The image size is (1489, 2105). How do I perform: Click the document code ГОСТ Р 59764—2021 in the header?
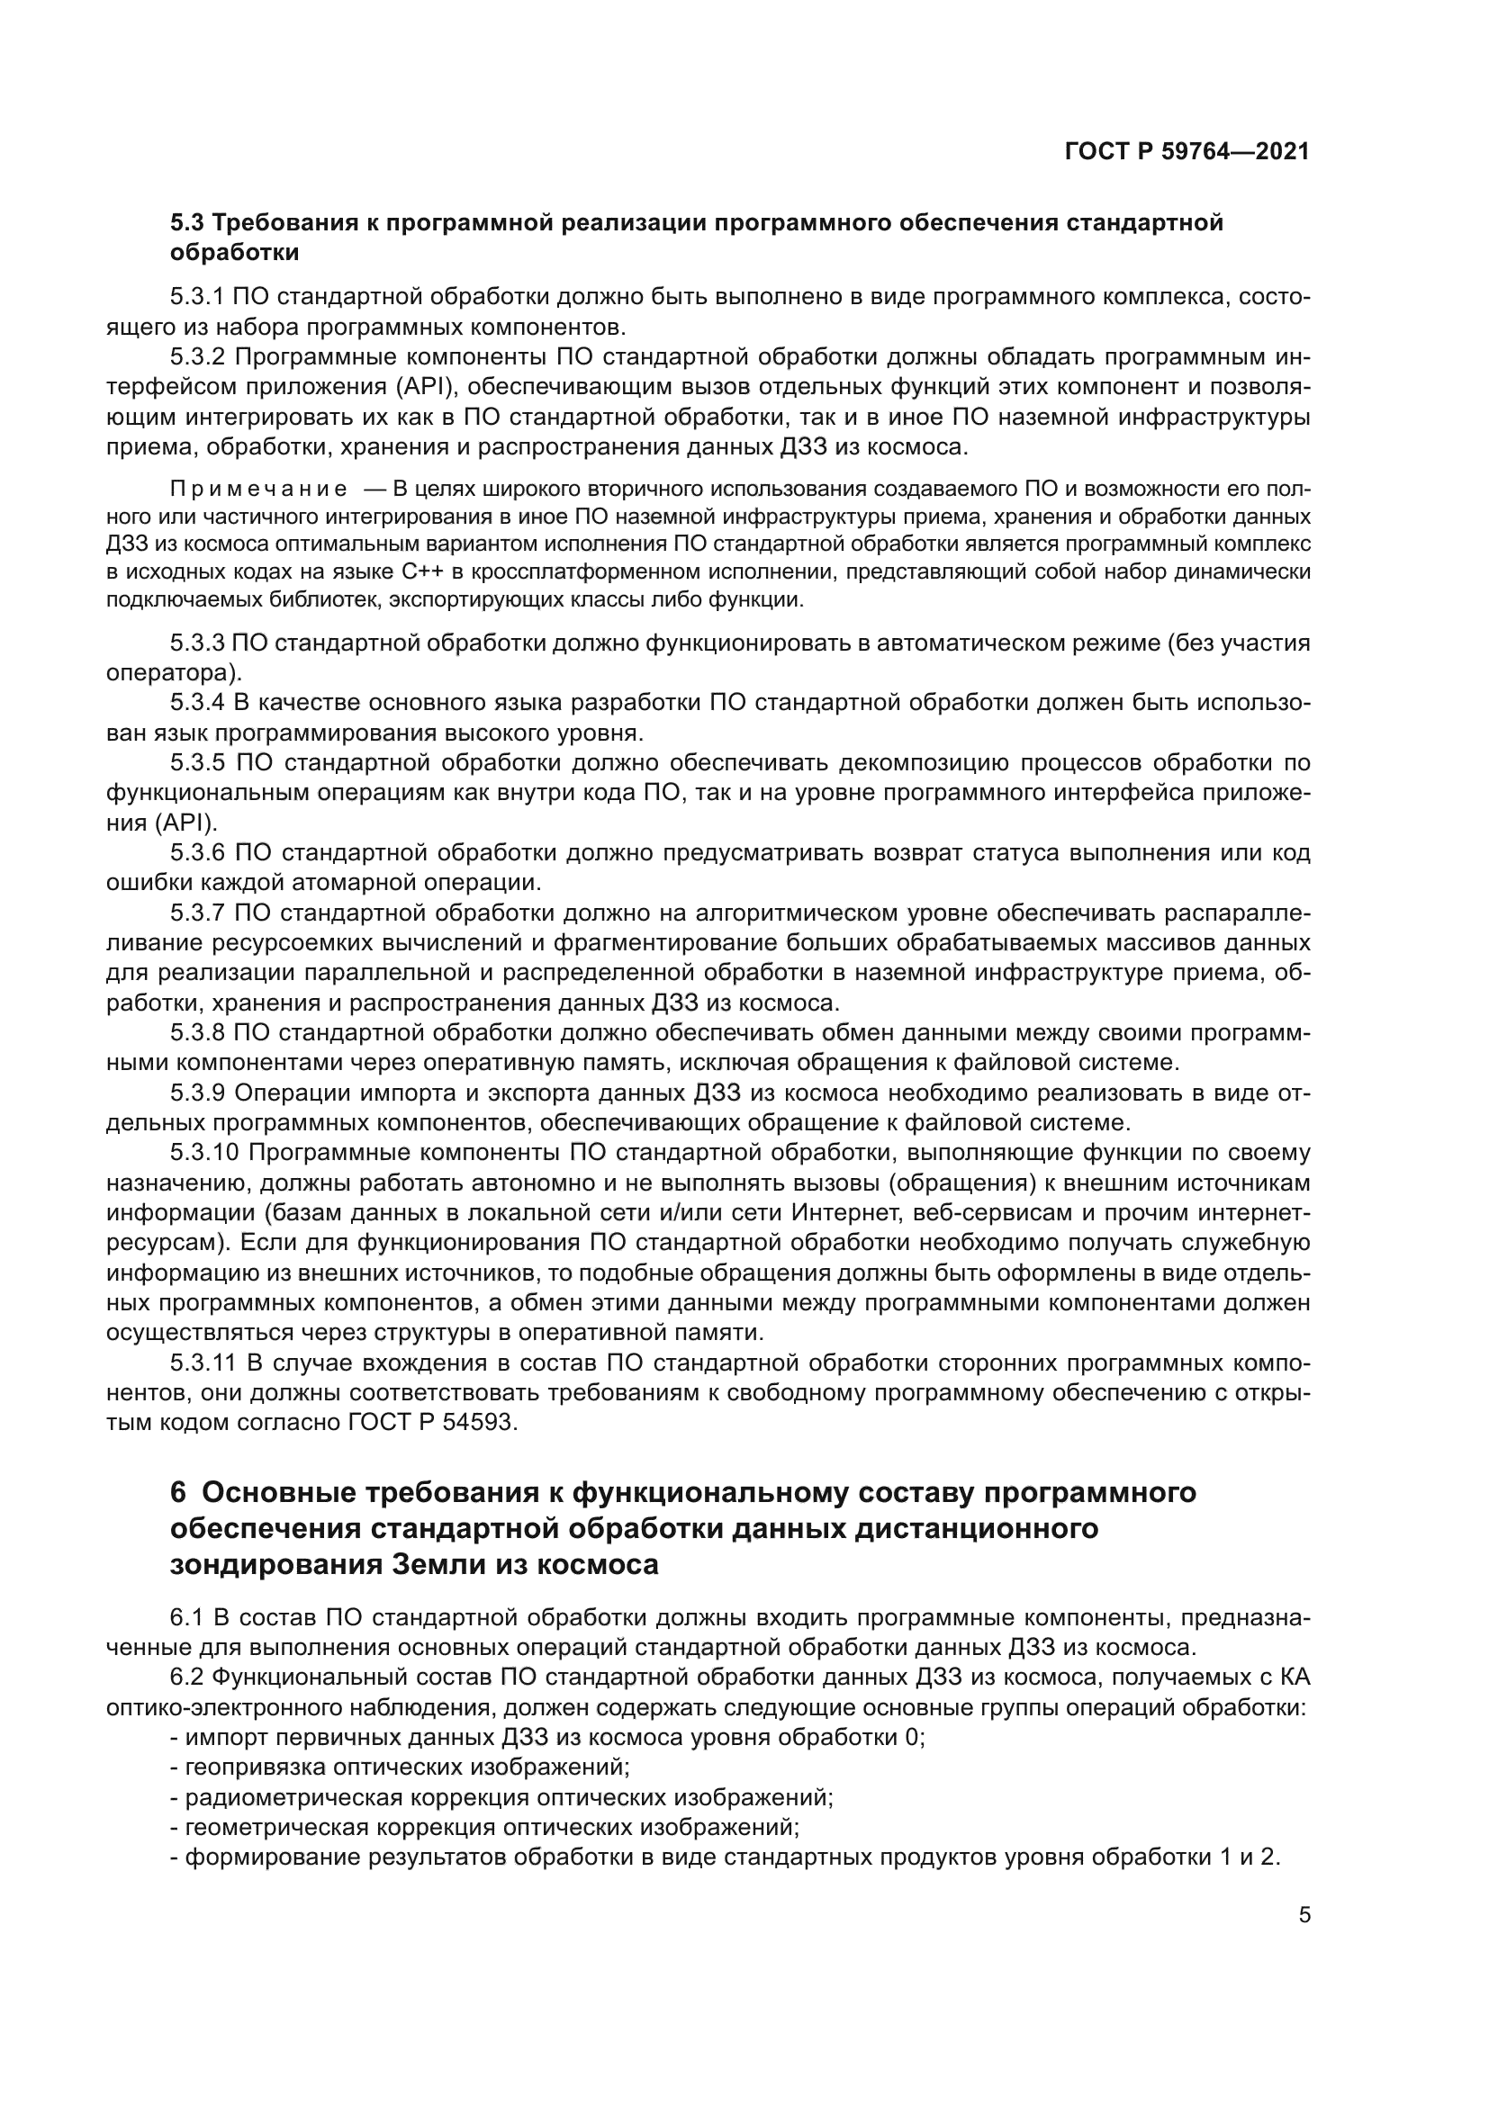[x=1187, y=152]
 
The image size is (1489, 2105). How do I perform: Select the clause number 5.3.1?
[x=197, y=296]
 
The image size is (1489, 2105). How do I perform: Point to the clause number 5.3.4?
[x=197, y=703]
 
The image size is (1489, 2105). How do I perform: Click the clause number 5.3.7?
[x=197, y=913]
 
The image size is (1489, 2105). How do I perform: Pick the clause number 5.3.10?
[x=204, y=1154]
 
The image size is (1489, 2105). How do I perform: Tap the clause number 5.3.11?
[x=203, y=1363]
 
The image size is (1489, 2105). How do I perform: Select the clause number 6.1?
[x=186, y=1618]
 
